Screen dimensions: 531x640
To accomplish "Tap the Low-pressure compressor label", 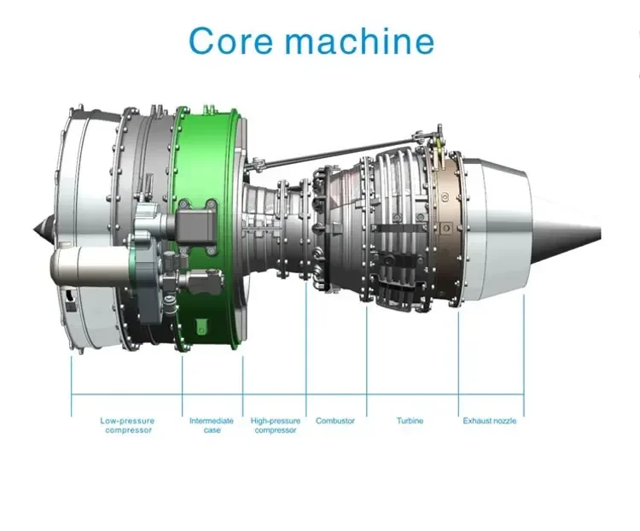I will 127,425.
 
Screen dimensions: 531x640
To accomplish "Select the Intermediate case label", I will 212,425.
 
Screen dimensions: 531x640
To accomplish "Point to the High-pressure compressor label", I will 275,425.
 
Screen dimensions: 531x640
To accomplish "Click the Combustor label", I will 335,421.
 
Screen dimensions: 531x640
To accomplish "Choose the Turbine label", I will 410,421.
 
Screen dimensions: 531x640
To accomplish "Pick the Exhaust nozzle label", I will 490,421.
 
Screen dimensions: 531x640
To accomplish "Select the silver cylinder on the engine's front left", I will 85,265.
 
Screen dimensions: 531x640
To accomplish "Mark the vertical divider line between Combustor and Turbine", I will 367,359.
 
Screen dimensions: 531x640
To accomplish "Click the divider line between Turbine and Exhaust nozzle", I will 458,359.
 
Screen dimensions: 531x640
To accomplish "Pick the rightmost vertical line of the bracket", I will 524,359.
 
